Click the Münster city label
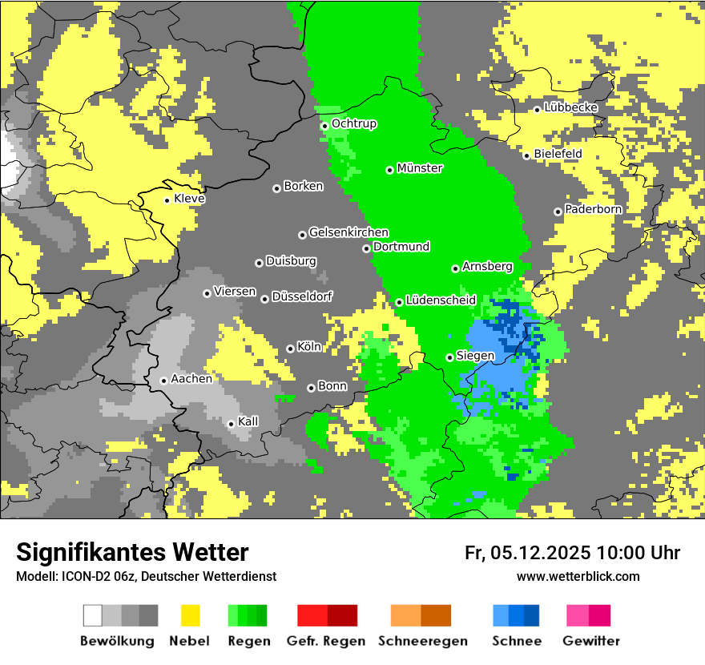(420, 168)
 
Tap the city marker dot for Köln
(290, 349)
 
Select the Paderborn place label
(594, 209)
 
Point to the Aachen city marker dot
(163, 381)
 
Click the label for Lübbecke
(571, 107)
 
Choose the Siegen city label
(475, 356)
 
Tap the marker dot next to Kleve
(167, 200)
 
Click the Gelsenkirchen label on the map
(348, 232)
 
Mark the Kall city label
(248, 421)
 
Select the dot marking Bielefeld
(526, 155)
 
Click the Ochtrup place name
(354, 124)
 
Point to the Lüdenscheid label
(441, 300)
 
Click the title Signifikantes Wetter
(132, 552)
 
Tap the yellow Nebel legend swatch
(191, 615)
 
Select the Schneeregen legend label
(422, 641)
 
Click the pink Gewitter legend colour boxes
(589, 615)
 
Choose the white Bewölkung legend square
(93, 615)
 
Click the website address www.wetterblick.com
(578, 576)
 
